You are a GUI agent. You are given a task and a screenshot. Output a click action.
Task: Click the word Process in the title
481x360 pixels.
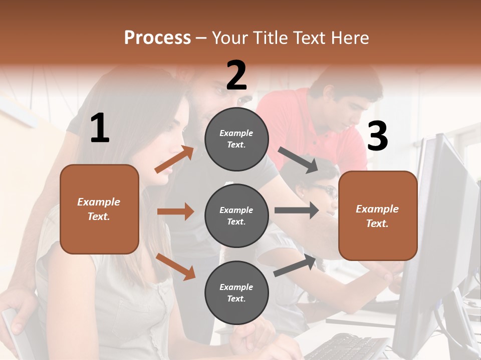point(157,37)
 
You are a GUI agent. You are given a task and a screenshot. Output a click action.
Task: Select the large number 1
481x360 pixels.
point(100,128)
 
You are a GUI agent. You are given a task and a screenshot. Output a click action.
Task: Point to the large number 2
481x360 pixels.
point(236,75)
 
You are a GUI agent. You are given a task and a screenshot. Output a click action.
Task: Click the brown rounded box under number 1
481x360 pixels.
point(99,209)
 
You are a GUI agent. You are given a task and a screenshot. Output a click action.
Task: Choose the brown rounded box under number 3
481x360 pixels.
point(378,215)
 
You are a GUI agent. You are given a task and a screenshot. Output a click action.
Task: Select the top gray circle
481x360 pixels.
point(236,138)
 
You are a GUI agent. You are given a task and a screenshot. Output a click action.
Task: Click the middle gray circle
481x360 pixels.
point(236,215)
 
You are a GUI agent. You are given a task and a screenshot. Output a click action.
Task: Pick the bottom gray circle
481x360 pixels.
point(236,292)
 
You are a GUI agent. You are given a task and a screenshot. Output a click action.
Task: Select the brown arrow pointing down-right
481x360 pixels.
point(175,266)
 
